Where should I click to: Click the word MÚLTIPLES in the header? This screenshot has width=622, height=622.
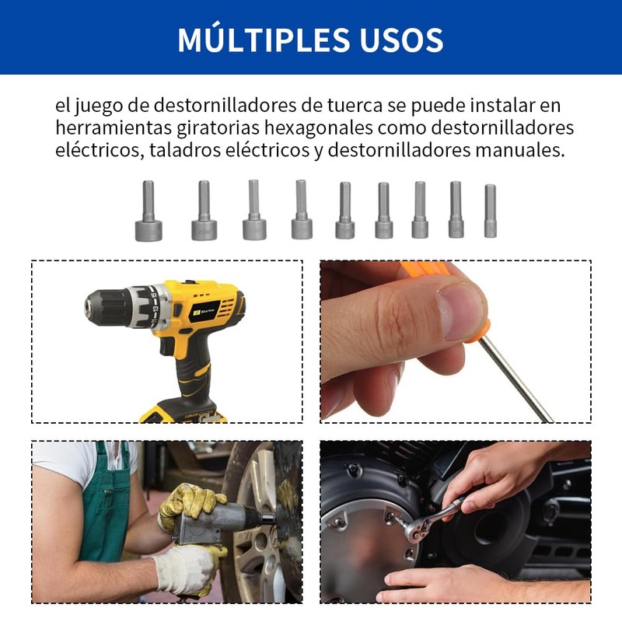pos(251,40)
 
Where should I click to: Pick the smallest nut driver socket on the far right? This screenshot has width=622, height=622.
pos(490,211)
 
